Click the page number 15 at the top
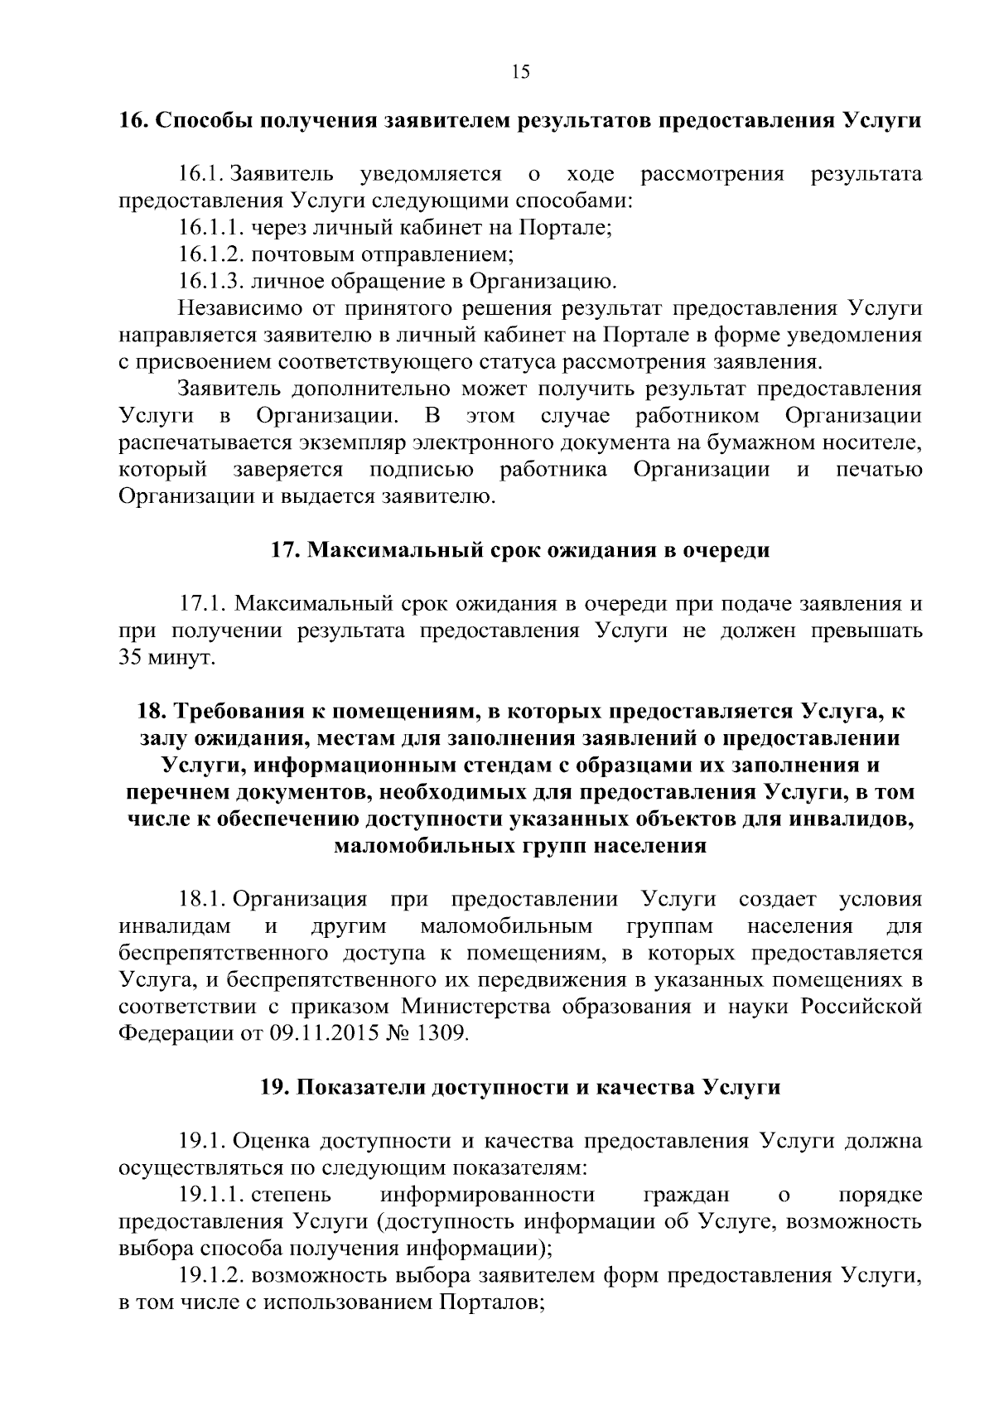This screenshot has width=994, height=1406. tap(520, 72)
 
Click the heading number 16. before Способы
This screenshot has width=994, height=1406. tap(133, 120)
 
